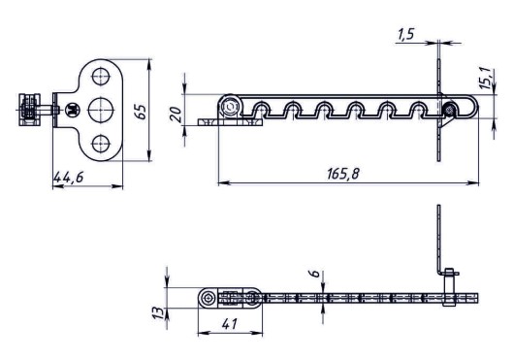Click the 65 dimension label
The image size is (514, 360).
[141, 112]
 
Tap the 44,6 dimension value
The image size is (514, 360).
[69, 178]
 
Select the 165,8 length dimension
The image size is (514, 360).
[343, 174]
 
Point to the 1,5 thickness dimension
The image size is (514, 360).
[406, 34]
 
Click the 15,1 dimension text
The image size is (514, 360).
[487, 79]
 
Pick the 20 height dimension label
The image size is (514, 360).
[177, 115]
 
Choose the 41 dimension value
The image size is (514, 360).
[229, 324]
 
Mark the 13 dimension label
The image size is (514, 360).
[158, 313]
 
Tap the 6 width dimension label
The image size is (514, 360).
[314, 274]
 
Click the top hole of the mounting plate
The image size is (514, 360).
[101, 76]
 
